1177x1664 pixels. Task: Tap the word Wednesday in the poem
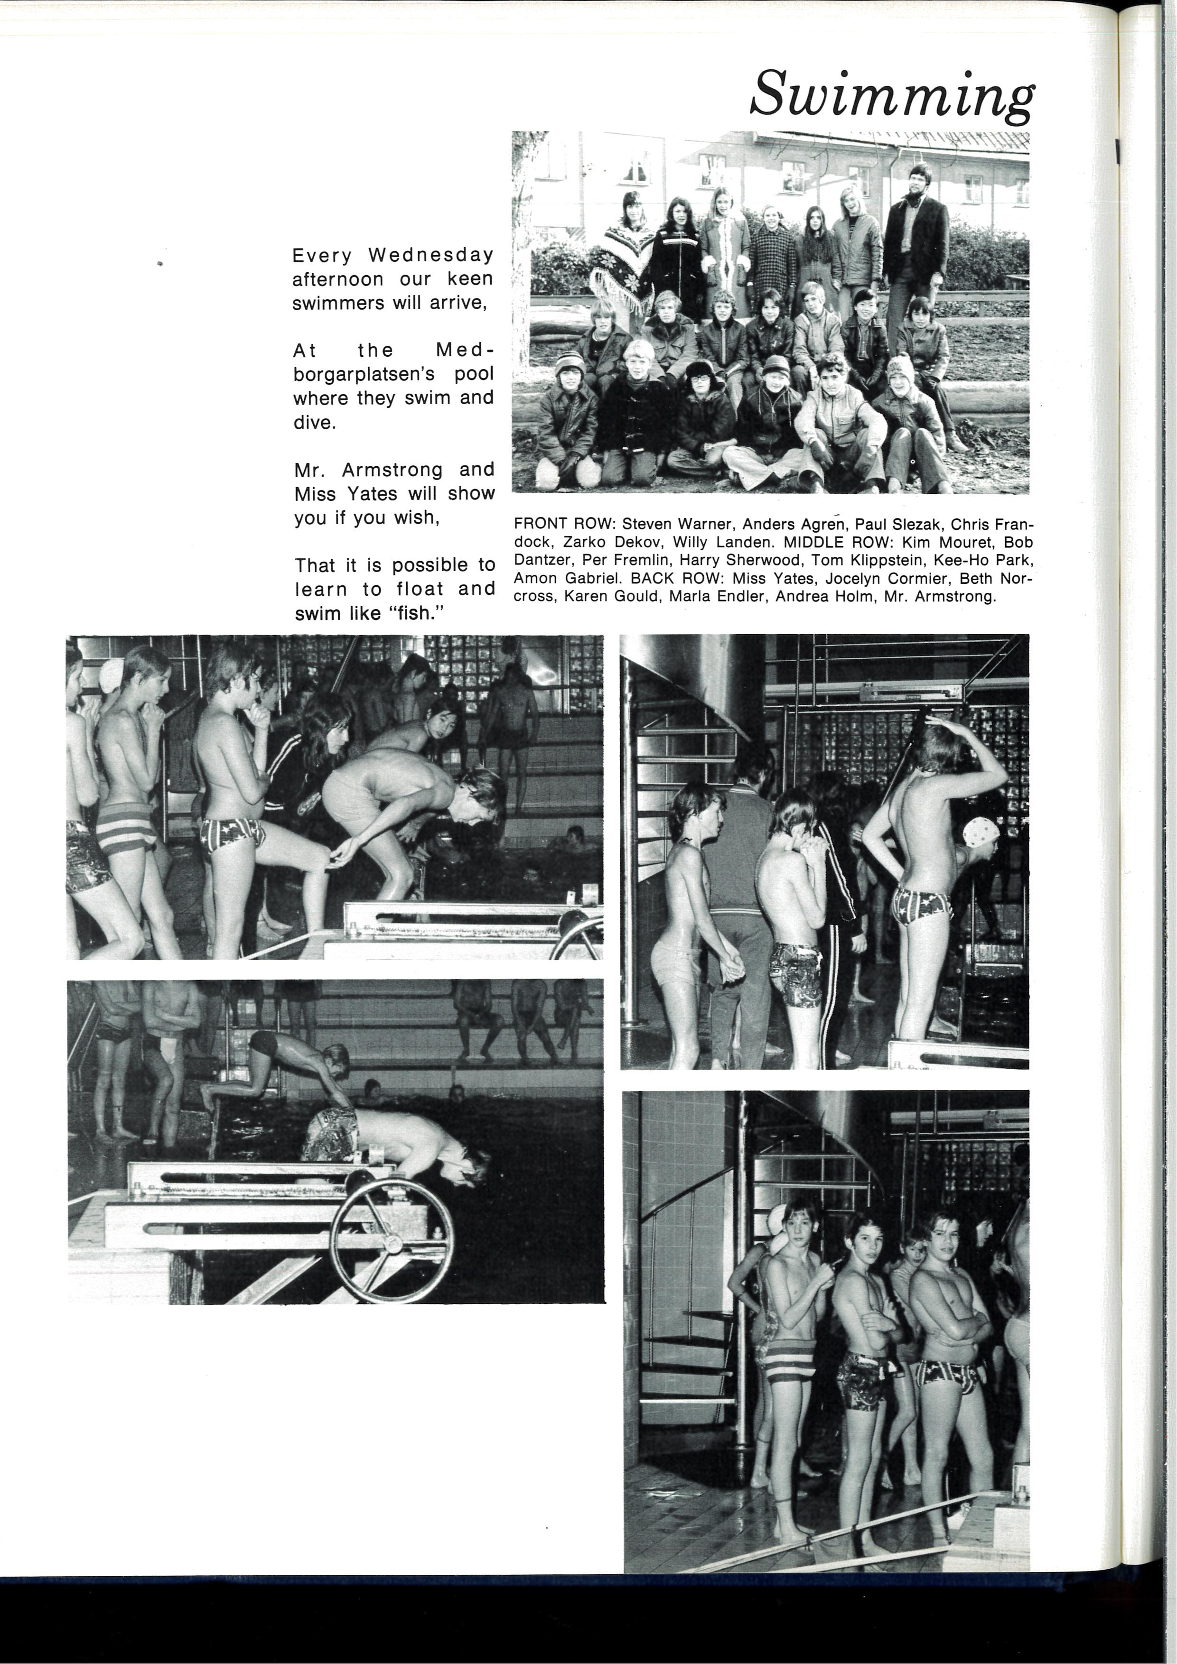click(x=431, y=255)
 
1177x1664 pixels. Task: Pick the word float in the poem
click(x=420, y=589)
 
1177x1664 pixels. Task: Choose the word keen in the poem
click(x=470, y=279)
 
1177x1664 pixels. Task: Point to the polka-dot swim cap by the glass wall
click(x=981, y=832)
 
